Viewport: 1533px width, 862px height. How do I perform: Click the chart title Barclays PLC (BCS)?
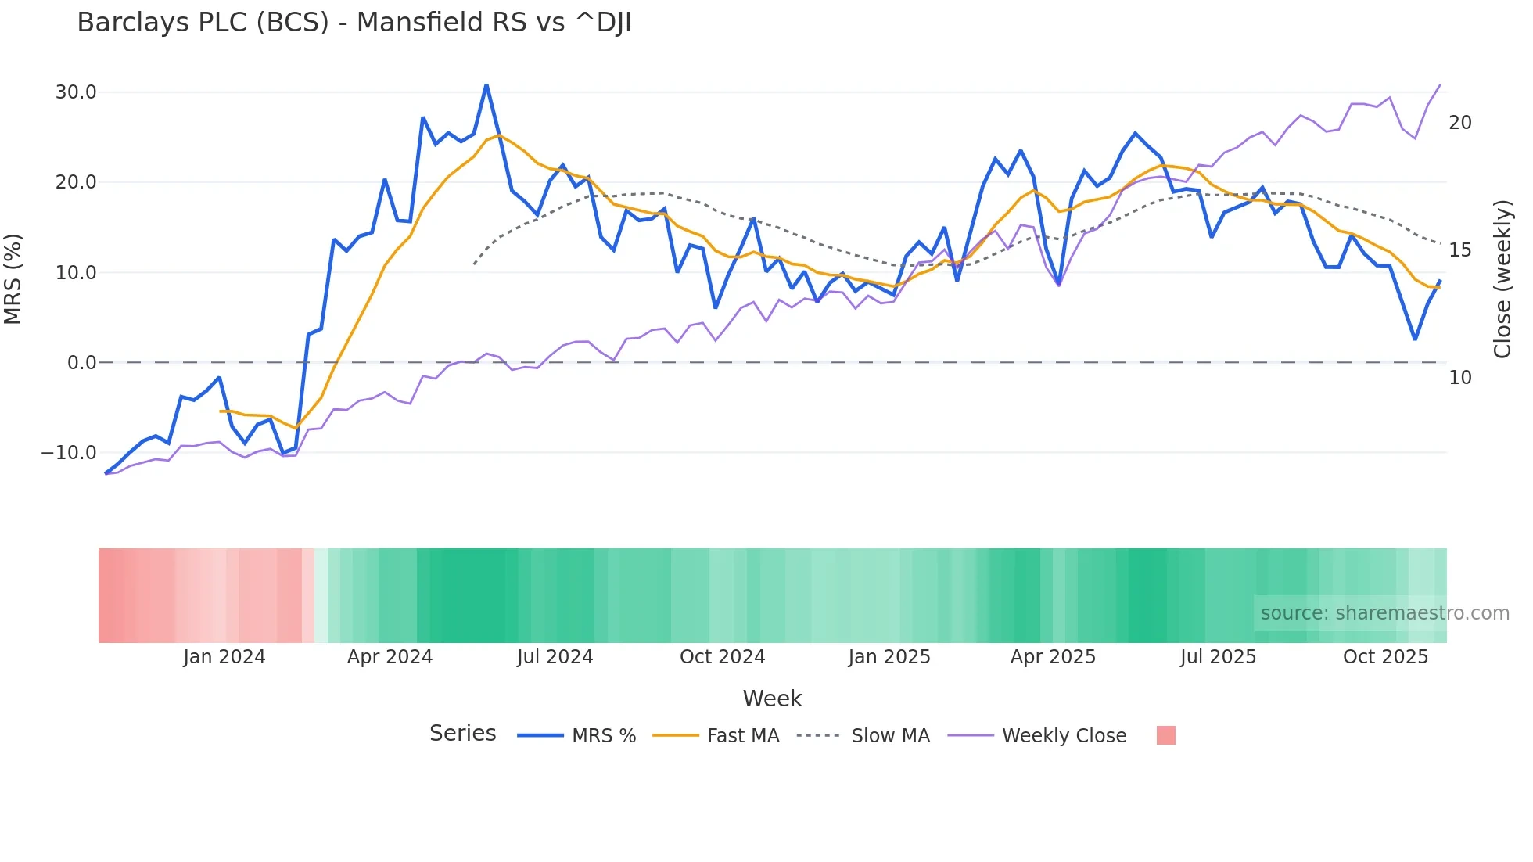(354, 23)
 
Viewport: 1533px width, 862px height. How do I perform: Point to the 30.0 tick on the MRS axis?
(76, 92)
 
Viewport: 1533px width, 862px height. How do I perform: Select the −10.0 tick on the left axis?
(69, 453)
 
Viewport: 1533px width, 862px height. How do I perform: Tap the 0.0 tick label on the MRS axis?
(81, 363)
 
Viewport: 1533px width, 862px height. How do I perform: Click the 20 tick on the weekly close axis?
(1459, 123)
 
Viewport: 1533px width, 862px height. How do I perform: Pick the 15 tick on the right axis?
(1459, 250)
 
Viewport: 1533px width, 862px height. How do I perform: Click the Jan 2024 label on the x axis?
(224, 657)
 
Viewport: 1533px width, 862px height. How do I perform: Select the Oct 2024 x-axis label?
(722, 657)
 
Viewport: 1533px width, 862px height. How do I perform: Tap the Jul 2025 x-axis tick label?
(1218, 657)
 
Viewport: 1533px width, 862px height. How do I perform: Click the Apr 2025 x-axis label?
(1053, 657)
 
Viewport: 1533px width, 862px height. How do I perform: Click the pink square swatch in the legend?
(1165, 736)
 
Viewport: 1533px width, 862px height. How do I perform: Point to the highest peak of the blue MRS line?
(486, 84)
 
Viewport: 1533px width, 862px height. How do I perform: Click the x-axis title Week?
(772, 699)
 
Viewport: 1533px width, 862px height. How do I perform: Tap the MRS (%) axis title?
(13, 279)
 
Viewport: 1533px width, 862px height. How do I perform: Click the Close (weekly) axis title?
(1502, 279)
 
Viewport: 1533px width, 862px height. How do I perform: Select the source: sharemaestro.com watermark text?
(1384, 613)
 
